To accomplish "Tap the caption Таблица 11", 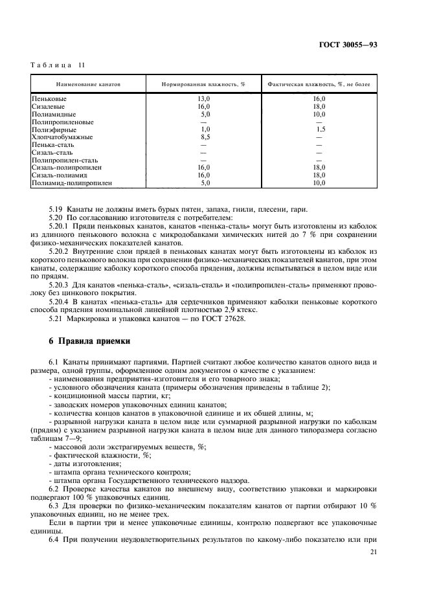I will tap(57, 65).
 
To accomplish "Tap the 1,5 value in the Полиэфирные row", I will tap(320, 129).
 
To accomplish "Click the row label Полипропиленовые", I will tap(62, 122).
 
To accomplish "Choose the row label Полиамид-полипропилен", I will tap(71, 183).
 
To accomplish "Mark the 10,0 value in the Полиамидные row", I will tap(319, 114).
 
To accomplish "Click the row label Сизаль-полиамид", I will tap(60, 175).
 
